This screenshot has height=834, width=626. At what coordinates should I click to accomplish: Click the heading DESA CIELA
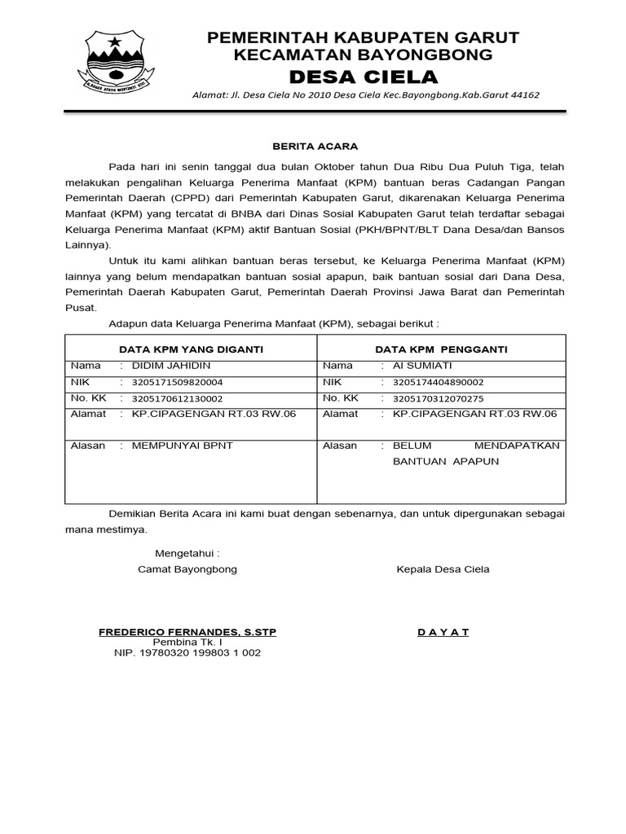click(x=363, y=77)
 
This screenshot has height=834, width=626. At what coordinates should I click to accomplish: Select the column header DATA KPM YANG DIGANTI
click(x=192, y=349)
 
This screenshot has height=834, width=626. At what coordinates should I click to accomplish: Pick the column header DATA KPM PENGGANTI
click(x=441, y=349)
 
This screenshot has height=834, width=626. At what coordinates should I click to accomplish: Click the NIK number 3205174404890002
click(x=438, y=382)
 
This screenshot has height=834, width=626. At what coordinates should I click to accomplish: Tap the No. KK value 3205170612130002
click(x=177, y=398)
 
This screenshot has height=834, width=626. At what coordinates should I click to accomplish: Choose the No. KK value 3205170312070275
click(x=438, y=398)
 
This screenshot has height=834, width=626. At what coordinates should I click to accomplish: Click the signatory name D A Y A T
click(x=443, y=632)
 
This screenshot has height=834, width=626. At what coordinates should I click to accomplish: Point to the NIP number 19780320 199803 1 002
click(x=187, y=652)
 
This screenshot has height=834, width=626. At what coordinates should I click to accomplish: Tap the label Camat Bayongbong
click(x=187, y=569)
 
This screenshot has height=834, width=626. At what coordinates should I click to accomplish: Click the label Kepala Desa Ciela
click(x=443, y=569)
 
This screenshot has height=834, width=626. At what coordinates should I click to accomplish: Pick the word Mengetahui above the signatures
click(x=187, y=553)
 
